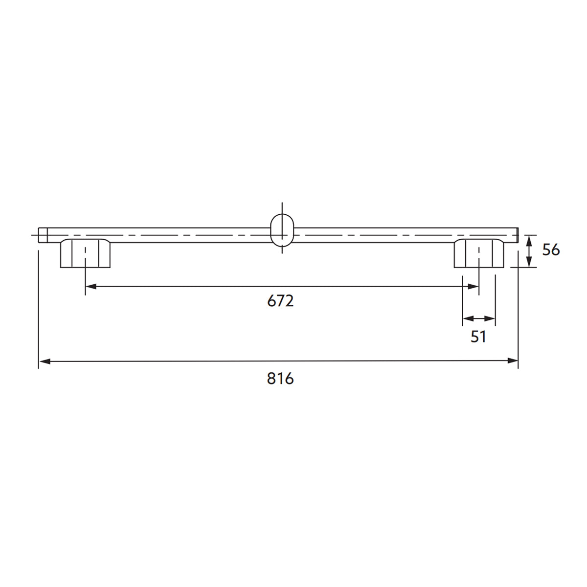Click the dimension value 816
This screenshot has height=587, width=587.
click(x=280, y=378)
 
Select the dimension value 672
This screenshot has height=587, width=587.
click(x=280, y=301)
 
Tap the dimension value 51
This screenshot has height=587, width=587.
click(x=478, y=337)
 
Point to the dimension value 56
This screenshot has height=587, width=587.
click(x=551, y=250)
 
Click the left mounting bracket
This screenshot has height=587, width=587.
click(x=85, y=253)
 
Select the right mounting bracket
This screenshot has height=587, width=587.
click(x=478, y=253)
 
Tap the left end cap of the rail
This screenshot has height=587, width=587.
click(x=43, y=235)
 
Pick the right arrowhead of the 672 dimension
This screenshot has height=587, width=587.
click(x=473, y=287)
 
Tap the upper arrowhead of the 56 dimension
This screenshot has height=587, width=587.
click(x=528, y=240)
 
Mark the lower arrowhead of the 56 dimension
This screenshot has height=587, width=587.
click(x=528, y=262)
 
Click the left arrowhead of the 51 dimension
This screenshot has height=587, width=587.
click(x=468, y=319)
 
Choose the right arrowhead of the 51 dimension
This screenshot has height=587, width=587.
click(x=491, y=319)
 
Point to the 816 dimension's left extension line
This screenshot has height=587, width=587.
click(x=38, y=308)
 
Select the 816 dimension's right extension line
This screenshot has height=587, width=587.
click(x=518, y=308)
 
